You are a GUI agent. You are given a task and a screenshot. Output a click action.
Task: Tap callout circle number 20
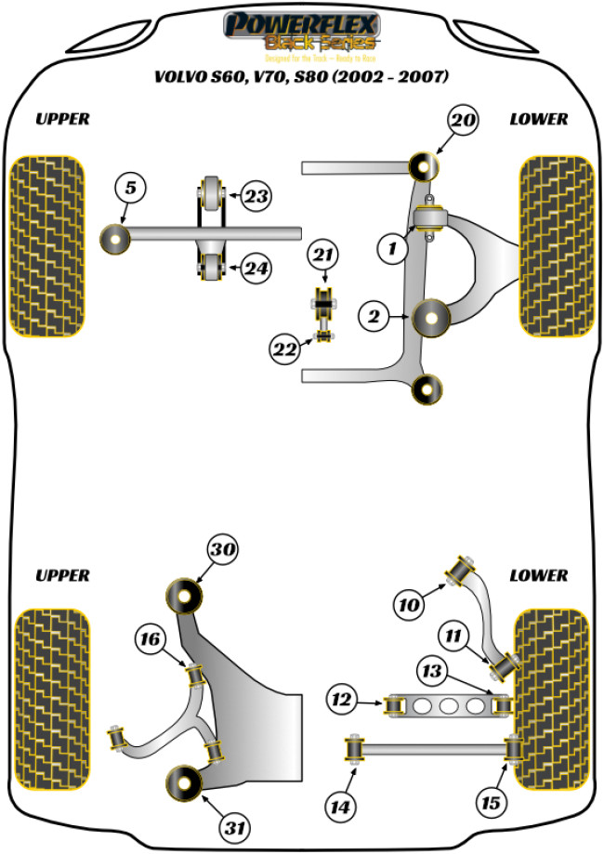coord(463,120)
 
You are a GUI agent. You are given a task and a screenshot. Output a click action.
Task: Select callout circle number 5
coord(130,189)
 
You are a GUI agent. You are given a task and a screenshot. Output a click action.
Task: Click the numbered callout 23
coord(256,196)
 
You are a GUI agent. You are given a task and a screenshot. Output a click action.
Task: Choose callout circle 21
coord(325,255)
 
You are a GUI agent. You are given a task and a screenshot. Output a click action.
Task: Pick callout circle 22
coord(284,349)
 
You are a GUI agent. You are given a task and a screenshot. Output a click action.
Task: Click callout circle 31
coord(232,825)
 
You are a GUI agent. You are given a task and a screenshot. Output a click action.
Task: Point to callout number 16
coord(153,639)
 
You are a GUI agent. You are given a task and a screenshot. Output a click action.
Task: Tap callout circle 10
coord(410,607)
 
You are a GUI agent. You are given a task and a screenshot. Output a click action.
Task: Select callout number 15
coord(488,802)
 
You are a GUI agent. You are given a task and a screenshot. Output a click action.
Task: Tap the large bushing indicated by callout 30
coord(185,595)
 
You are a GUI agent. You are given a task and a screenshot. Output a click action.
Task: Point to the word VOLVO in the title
coord(186,77)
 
